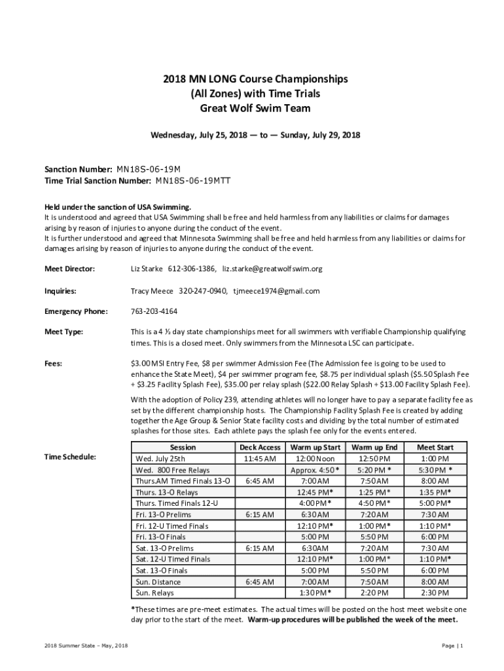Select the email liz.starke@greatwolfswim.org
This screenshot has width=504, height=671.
(272, 269)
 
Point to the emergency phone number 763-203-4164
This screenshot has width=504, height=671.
(154, 311)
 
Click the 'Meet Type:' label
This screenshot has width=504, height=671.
(63, 332)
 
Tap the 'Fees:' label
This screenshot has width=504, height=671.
(54, 363)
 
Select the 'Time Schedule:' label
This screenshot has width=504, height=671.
(70, 456)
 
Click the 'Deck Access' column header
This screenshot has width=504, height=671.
(260, 447)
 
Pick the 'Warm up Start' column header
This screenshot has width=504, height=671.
(315, 447)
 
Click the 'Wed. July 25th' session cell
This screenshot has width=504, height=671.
(160, 459)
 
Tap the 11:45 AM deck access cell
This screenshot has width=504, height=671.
(260, 459)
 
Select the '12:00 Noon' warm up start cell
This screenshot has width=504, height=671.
(315, 459)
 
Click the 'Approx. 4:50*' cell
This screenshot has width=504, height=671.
(315, 470)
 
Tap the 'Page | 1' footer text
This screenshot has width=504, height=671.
(452, 646)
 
